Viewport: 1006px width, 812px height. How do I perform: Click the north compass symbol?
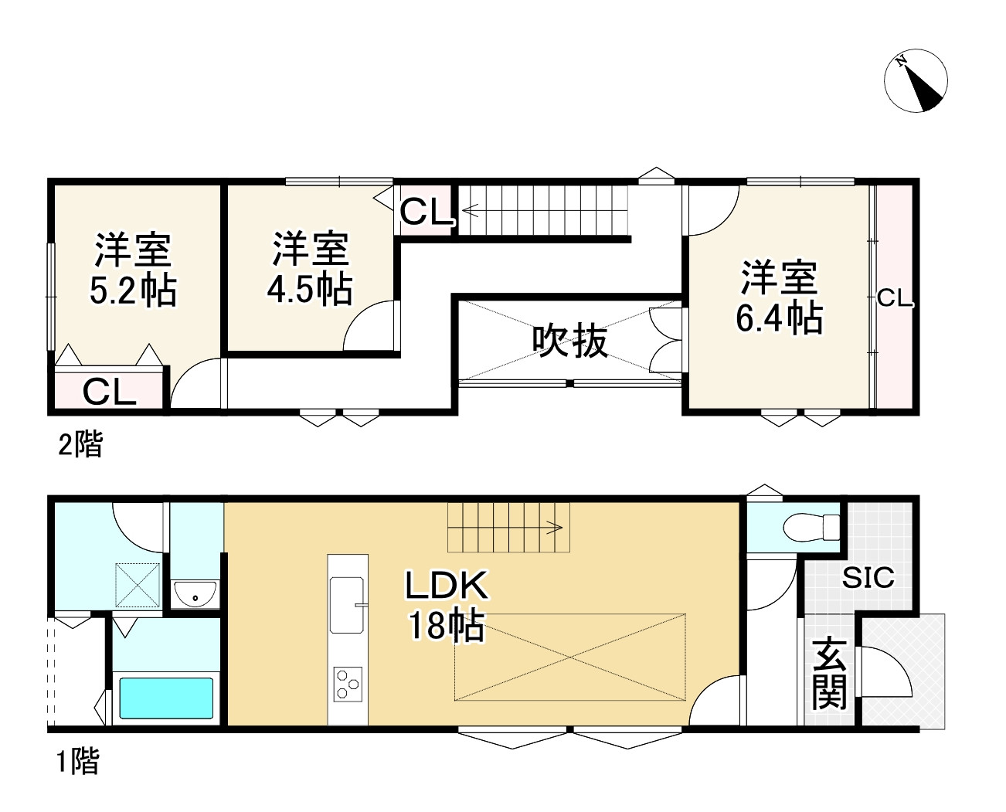(916, 80)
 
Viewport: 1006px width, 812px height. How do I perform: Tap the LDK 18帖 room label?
(447, 606)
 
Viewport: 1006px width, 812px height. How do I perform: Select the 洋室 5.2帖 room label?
(133, 270)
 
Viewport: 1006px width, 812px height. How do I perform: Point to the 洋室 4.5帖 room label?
(310, 269)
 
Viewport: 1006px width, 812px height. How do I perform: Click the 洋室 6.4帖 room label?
(779, 298)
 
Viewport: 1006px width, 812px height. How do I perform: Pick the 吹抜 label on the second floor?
(570, 341)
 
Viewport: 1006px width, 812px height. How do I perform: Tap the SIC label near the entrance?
(868, 577)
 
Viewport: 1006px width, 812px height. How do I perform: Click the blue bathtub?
(166, 698)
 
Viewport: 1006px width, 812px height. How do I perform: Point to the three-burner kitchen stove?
(347, 683)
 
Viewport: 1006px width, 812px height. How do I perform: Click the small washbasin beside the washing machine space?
(195, 595)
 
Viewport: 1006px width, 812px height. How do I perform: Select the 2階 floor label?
(80, 445)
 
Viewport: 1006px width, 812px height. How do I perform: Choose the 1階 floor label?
(77, 763)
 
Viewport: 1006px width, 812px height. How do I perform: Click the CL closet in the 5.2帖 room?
(109, 392)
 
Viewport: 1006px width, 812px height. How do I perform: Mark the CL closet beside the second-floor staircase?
(426, 211)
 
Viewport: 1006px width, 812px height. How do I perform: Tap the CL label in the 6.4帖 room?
(895, 298)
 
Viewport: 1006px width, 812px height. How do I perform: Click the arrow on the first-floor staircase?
(552, 528)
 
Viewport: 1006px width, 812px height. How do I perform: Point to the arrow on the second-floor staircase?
(471, 208)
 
